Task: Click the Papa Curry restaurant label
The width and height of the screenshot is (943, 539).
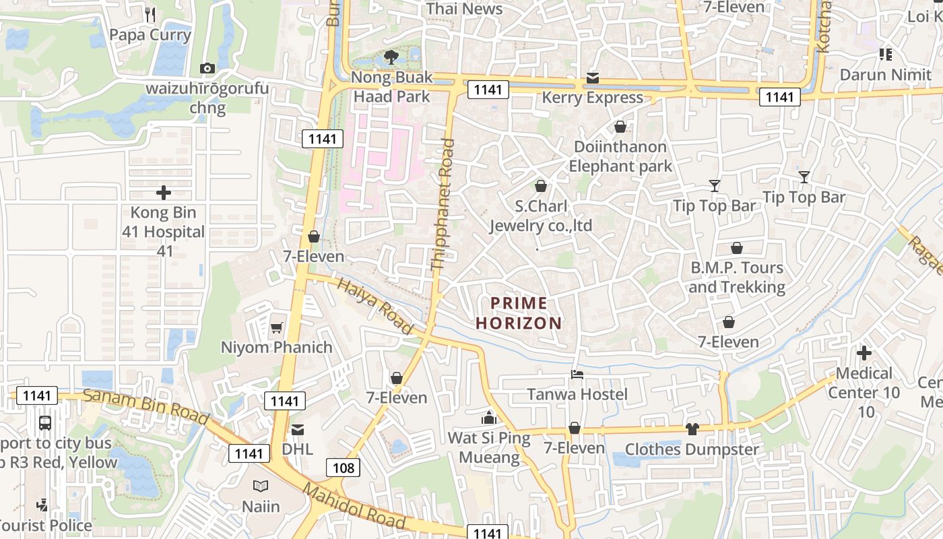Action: click(x=150, y=35)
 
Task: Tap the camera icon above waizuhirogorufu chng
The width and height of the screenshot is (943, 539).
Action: click(x=207, y=68)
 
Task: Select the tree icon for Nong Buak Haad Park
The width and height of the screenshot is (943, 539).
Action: click(x=391, y=57)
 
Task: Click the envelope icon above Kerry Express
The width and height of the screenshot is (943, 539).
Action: click(x=593, y=78)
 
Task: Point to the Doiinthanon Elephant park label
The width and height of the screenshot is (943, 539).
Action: click(x=620, y=156)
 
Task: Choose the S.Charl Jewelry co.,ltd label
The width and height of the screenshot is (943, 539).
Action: click(x=541, y=216)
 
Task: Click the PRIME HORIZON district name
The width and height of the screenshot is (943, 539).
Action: click(x=519, y=313)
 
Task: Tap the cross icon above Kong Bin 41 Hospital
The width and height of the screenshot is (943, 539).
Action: click(x=164, y=193)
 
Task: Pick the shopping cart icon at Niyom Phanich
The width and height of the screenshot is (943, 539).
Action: click(x=276, y=328)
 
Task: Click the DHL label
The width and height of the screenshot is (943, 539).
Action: click(x=297, y=449)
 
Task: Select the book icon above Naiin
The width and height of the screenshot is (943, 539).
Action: click(x=261, y=486)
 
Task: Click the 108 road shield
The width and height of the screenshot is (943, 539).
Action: click(x=344, y=468)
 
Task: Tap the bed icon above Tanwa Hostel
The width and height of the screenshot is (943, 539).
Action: click(x=577, y=375)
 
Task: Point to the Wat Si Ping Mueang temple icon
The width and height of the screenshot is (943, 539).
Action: click(x=489, y=418)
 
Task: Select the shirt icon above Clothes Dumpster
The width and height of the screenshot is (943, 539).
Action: click(x=692, y=429)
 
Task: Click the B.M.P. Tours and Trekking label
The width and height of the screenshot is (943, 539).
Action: click(x=737, y=278)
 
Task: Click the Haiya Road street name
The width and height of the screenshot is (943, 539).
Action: click(x=375, y=306)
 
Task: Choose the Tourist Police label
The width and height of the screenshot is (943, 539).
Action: click(x=44, y=526)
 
